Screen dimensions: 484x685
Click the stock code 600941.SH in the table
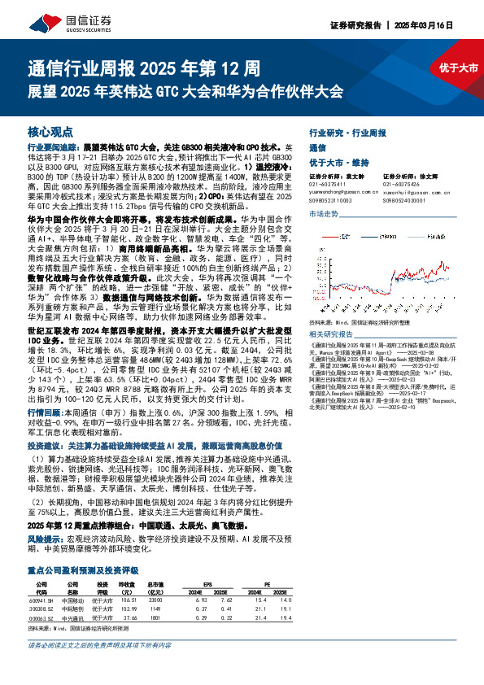tap(41, 600)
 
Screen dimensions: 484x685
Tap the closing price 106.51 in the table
tap(126, 600)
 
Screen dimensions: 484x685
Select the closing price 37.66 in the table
tap(126, 617)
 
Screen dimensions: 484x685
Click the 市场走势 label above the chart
tap(323, 213)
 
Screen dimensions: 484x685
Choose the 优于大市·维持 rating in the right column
tap(338, 162)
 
